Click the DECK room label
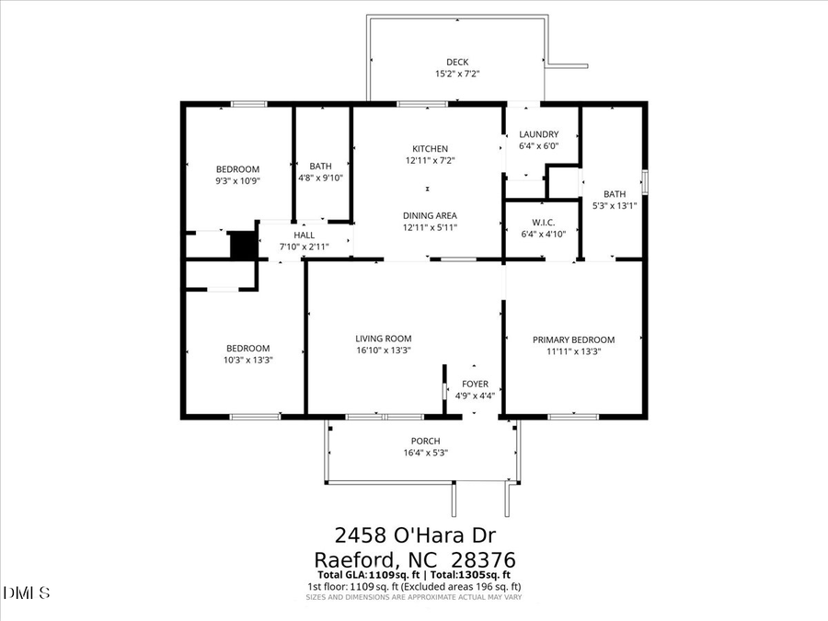[457, 63]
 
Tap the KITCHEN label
[430, 149]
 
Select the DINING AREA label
[430, 216]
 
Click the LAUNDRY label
[538, 134]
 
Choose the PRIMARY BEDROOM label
[573, 339]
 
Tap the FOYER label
[476, 384]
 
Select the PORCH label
[425, 441]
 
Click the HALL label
[304, 236]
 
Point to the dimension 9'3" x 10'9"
[237, 181]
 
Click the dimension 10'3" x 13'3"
[248, 360]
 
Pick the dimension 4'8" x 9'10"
[320, 178]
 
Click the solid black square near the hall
[242, 245]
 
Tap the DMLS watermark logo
[27, 592]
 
